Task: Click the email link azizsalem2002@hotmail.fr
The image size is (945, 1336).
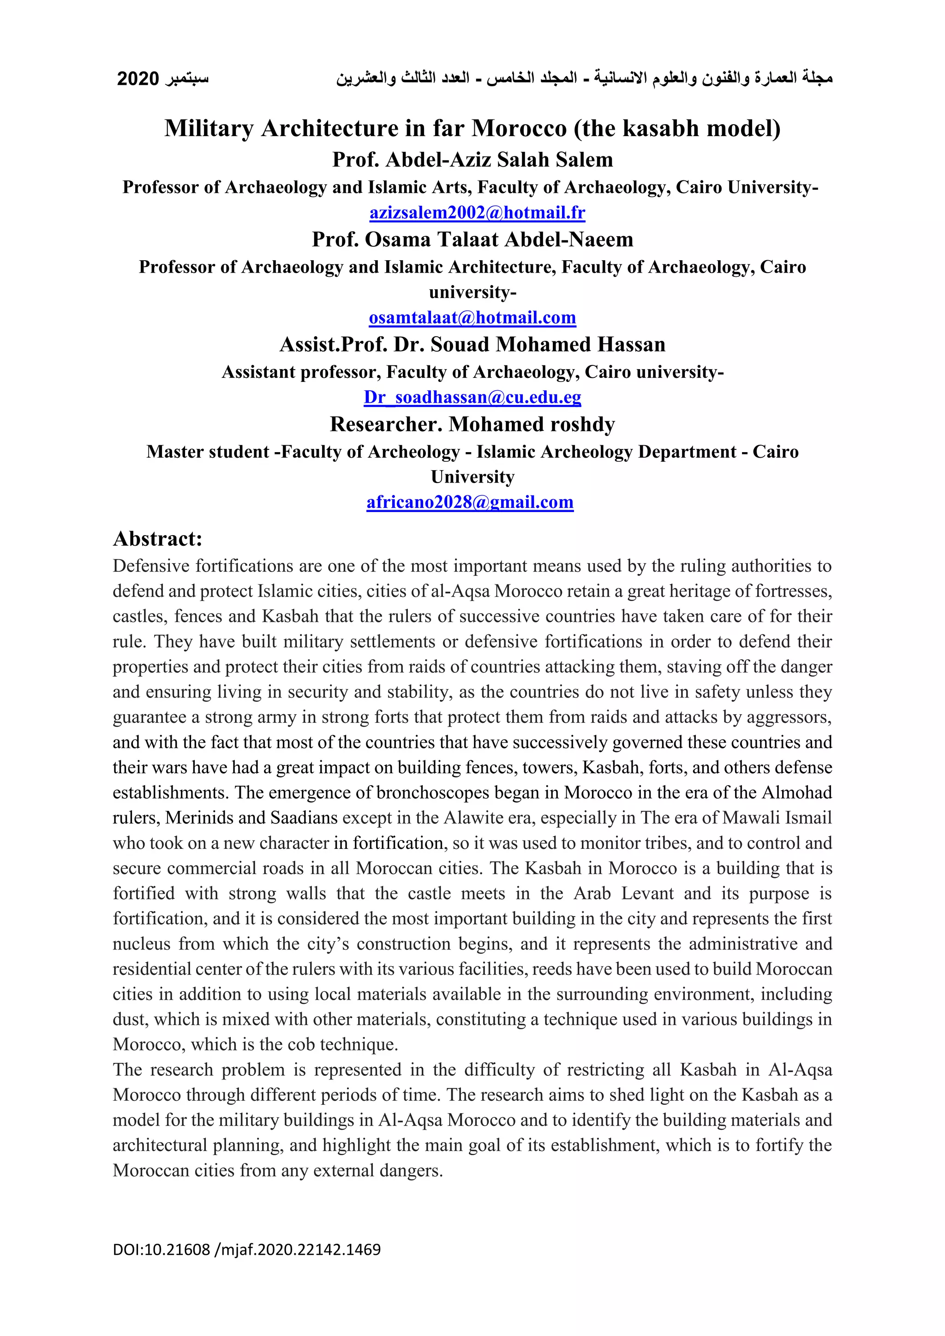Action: [477, 213]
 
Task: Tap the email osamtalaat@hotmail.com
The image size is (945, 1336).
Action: [472, 318]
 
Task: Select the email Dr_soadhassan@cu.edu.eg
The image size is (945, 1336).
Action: [472, 397]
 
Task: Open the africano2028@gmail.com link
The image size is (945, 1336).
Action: [470, 502]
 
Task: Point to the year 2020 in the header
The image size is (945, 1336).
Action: [138, 78]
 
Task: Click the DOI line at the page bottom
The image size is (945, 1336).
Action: [247, 1249]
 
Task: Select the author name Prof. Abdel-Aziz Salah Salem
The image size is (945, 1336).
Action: [472, 160]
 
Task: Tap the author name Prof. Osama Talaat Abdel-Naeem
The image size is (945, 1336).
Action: [472, 239]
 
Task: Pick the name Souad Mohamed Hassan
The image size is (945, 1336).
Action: [548, 345]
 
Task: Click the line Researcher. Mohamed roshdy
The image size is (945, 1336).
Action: [472, 424]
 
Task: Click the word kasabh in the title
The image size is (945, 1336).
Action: [660, 128]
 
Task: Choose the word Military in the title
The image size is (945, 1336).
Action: [209, 128]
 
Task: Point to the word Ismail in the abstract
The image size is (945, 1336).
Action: [808, 818]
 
